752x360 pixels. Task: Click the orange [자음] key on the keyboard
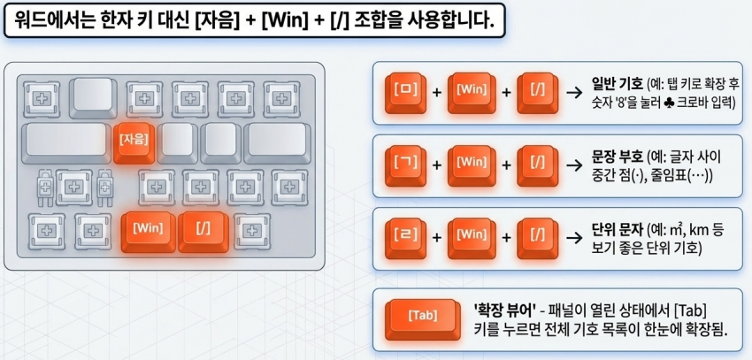pyautogui.click(x=134, y=142)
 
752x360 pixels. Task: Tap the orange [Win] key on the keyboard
pyautogui.click(x=149, y=232)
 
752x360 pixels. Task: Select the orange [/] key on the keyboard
pyautogui.click(x=203, y=232)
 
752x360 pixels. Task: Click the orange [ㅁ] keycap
pyautogui.click(x=405, y=93)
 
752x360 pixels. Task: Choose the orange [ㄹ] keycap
pyautogui.click(x=405, y=238)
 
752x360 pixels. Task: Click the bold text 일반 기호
pyautogui.click(x=618, y=85)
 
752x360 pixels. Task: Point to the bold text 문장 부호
pyautogui.click(x=618, y=157)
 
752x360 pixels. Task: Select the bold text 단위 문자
pyautogui.click(x=618, y=230)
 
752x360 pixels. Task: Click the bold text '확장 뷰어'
pyautogui.click(x=504, y=310)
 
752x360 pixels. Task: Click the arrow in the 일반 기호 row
pyautogui.click(x=574, y=93)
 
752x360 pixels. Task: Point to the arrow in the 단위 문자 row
pyautogui.click(x=574, y=238)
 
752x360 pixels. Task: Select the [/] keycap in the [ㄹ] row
pyautogui.click(x=538, y=238)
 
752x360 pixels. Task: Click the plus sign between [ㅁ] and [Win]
pyautogui.click(x=437, y=93)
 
